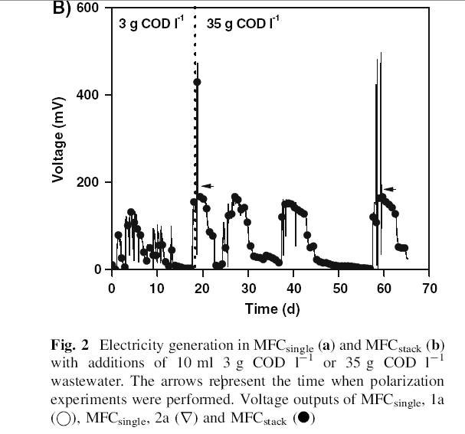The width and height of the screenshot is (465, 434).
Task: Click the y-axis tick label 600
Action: (x=88, y=8)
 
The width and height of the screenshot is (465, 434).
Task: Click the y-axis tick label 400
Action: (x=88, y=95)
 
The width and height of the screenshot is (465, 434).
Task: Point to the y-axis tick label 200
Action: (x=88, y=182)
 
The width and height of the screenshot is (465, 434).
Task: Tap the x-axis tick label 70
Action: (x=430, y=289)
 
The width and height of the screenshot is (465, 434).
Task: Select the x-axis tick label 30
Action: (x=248, y=289)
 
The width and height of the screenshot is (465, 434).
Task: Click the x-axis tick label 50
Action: (x=339, y=289)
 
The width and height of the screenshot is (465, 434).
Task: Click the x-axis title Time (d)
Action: (x=271, y=308)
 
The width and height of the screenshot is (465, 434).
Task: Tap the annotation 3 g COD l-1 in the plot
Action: (x=150, y=23)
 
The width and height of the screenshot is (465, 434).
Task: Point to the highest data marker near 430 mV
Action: (x=197, y=82)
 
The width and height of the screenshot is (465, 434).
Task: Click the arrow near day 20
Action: (x=207, y=186)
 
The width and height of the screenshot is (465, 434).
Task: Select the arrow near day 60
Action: (x=389, y=189)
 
